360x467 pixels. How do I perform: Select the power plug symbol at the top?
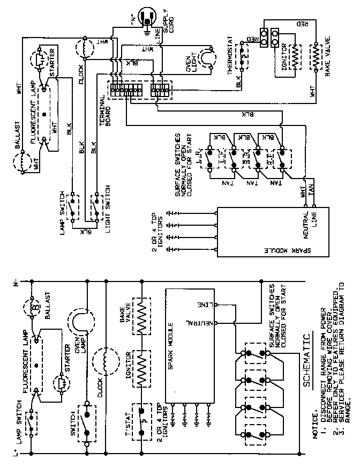[146, 18]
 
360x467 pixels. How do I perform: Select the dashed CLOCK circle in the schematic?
[107, 362]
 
